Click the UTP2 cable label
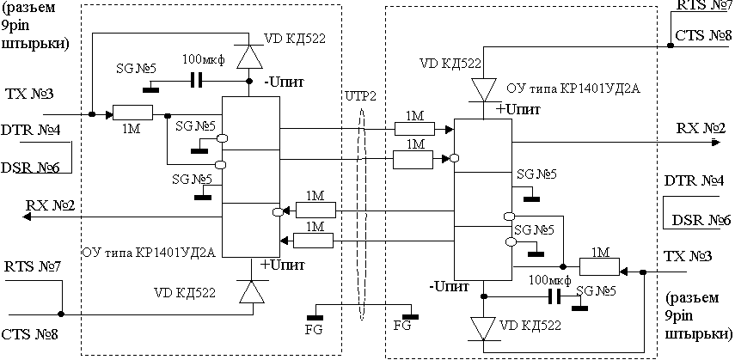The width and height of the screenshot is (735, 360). point(358,95)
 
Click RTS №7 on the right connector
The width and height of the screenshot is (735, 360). point(704,6)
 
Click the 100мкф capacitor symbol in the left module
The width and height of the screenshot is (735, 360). point(197,81)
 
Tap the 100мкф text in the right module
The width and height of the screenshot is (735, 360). point(549,280)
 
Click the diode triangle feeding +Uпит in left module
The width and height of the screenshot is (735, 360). point(251,291)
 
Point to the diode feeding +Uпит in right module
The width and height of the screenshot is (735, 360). point(483,89)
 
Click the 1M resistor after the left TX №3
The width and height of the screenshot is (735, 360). point(132,113)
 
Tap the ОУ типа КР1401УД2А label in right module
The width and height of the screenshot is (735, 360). point(573,88)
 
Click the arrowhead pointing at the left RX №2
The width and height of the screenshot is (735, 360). point(27,217)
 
